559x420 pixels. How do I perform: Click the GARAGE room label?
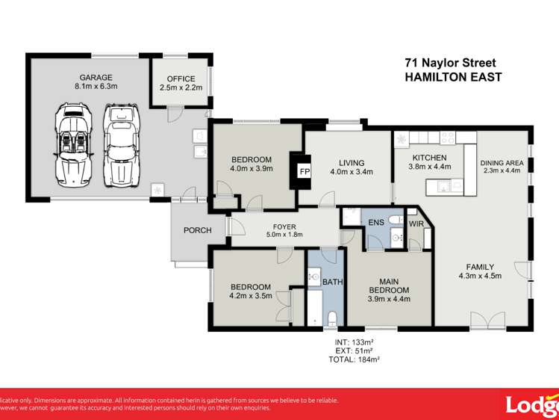point(96,77)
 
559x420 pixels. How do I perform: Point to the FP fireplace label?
point(305,172)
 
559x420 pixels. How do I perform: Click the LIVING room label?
point(352,163)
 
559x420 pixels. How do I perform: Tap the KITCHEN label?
point(430,158)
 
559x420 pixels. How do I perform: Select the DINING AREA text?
point(502,163)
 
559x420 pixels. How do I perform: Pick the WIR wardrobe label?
point(416,223)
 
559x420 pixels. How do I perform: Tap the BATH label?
point(333,282)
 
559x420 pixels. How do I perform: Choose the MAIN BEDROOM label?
point(389,285)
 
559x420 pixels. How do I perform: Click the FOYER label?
point(284,226)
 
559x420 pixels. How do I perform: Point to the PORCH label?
point(198,230)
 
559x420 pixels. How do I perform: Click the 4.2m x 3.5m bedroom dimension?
point(250,296)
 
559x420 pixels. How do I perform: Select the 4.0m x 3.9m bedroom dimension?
point(252,169)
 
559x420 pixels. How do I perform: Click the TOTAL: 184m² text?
point(355,359)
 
